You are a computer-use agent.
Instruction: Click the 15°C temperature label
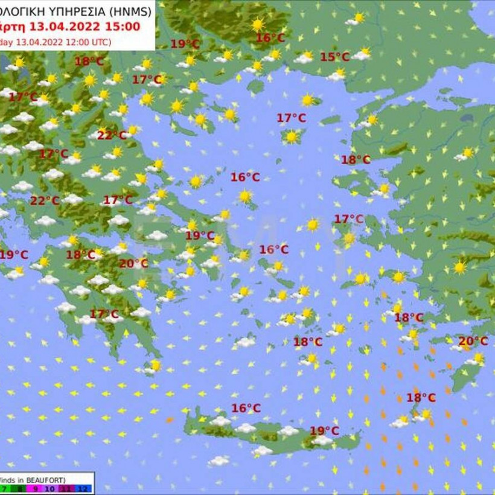(x=334, y=57)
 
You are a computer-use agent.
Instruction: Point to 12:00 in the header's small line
(x=75, y=42)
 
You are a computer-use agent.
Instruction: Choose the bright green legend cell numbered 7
(x=5, y=489)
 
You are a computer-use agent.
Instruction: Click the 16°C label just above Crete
(x=246, y=409)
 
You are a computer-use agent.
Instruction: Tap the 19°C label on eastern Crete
(x=324, y=431)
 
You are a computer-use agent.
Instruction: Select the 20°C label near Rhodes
(x=473, y=342)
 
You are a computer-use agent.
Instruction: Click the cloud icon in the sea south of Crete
(x=219, y=461)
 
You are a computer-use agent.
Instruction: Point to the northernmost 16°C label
(x=270, y=38)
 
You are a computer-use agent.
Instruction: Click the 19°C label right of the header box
(x=185, y=43)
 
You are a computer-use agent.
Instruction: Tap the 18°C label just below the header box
(x=89, y=61)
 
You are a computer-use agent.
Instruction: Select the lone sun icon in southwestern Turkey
(x=461, y=267)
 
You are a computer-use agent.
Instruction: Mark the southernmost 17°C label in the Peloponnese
(x=104, y=314)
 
